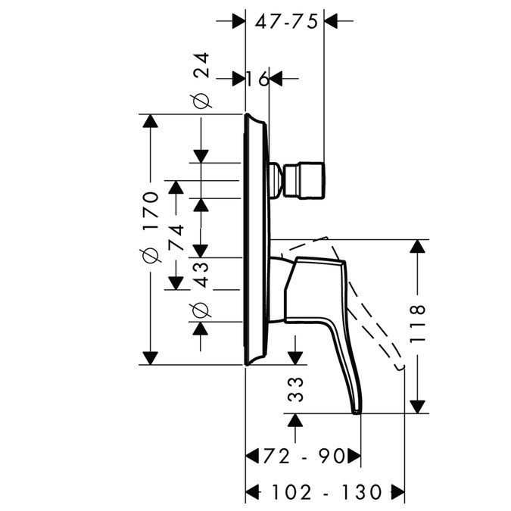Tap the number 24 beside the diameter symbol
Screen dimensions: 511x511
(201, 67)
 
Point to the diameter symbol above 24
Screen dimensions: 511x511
(201, 100)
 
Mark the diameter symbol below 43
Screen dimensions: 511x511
(201, 309)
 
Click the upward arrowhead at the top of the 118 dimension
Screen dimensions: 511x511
(418, 248)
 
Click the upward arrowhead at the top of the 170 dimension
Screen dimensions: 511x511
(151, 123)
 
